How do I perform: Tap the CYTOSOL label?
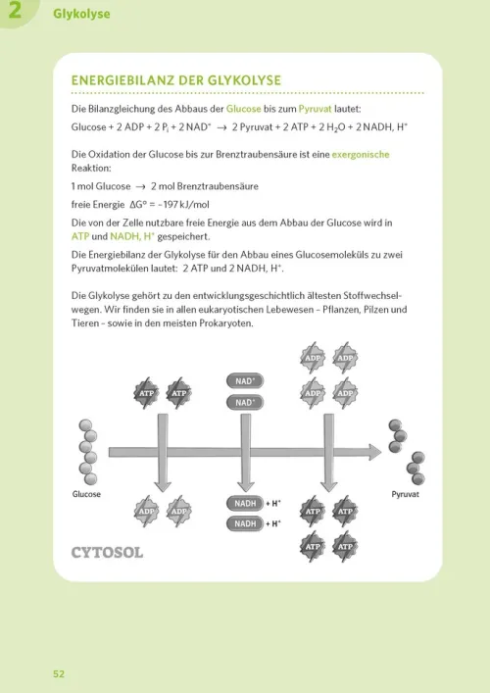(x=107, y=552)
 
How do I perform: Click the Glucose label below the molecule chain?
(x=86, y=495)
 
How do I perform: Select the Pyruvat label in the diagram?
(x=405, y=495)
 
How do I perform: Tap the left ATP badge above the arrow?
(x=146, y=393)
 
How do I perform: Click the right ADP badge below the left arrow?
(x=178, y=512)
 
